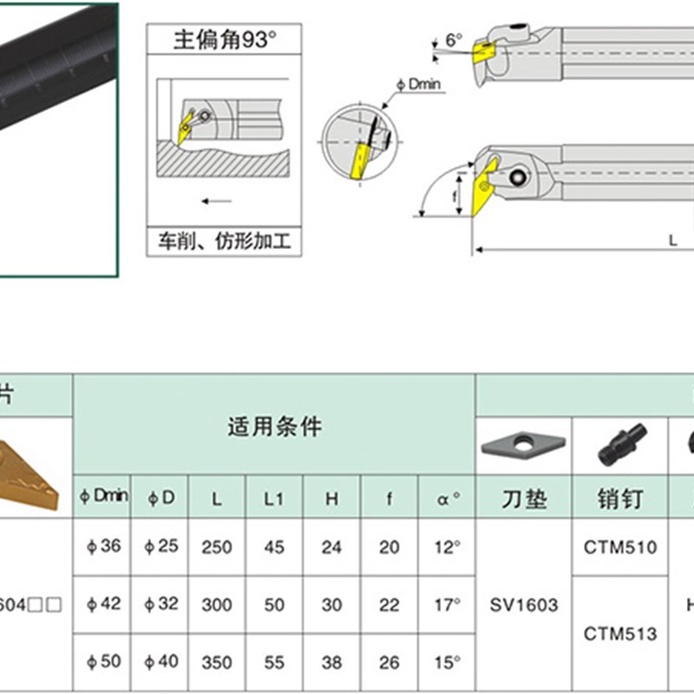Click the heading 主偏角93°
click(x=224, y=39)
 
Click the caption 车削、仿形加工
click(x=224, y=240)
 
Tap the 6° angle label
click(x=455, y=40)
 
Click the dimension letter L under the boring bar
click(x=672, y=242)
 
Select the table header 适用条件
click(x=274, y=426)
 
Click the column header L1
click(x=274, y=498)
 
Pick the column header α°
click(x=447, y=498)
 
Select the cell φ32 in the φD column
click(x=160, y=604)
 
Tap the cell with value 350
click(x=217, y=662)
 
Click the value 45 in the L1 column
click(x=274, y=547)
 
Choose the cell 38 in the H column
click(x=331, y=662)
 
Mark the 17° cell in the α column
click(x=447, y=604)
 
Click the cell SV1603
click(x=524, y=605)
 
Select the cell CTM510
click(x=621, y=547)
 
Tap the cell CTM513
click(x=621, y=633)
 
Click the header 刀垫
click(x=524, y=499)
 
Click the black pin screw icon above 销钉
click(x=621, y=444)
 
